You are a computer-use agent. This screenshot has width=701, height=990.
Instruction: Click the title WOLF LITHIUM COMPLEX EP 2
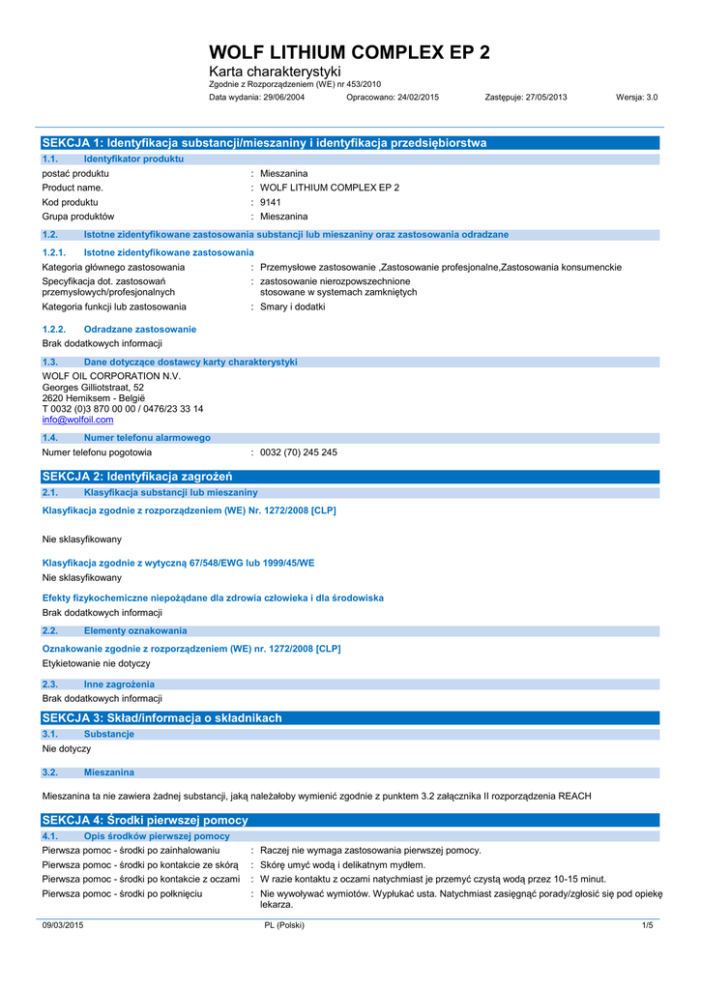point(349,52)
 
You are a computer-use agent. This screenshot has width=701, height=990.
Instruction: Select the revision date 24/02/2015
point(418,98)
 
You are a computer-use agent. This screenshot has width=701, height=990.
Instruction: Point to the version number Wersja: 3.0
point(636,98)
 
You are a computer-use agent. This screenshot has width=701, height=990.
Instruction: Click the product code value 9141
point(271,202)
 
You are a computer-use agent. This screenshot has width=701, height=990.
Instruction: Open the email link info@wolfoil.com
point(77,420)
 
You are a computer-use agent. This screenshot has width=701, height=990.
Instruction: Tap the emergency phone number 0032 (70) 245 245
point(299,452)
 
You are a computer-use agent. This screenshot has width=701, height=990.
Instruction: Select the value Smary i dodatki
point(293,306)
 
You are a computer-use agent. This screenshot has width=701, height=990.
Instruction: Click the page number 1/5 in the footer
point(648,925)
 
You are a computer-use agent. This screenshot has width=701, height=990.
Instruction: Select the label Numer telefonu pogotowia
point(97,452)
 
